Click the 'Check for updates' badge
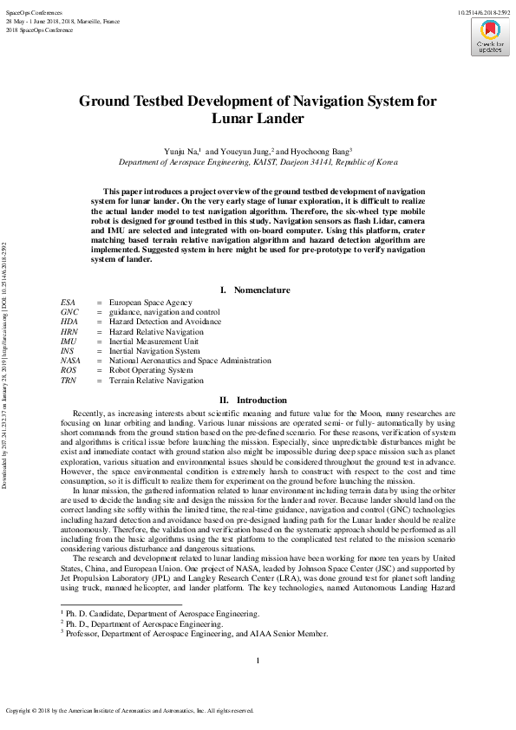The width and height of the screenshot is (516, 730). point(489,36)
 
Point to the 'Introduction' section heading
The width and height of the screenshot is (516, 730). point(258,400)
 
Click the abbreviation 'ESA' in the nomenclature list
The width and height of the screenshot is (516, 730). point(68,302)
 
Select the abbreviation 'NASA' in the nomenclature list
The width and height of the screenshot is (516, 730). point(70,360)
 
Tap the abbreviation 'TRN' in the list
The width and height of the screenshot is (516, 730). point(69,380)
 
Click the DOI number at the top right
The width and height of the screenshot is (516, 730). point(483,10)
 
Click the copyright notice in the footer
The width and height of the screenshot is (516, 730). point(130,710)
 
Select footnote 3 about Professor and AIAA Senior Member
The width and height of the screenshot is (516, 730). point(194,634)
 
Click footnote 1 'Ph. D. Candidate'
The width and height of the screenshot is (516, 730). point(162,613)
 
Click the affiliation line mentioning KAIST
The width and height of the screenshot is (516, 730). point(258,162)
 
